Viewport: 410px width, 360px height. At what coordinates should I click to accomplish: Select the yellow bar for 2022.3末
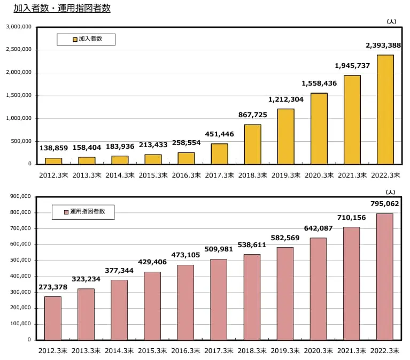[385, 110]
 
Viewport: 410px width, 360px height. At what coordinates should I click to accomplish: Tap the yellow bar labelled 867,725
[252, 144]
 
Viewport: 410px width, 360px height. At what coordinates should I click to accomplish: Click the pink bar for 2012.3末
[53, 318]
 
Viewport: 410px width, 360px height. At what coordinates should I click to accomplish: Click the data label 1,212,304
[286, 99]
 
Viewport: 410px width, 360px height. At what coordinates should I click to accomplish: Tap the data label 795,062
[384, 203]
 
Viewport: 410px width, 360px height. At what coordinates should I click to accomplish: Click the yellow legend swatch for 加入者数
[75, 39]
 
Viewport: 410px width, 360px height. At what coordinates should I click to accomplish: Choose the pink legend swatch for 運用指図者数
[66, 212]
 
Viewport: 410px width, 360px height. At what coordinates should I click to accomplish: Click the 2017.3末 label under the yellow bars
[219, 175]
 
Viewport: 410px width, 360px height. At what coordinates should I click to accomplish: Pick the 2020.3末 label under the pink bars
[318, 351]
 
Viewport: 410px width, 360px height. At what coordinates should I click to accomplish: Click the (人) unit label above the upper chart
[391, 21]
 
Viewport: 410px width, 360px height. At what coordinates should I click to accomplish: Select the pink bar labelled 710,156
[351, 284]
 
